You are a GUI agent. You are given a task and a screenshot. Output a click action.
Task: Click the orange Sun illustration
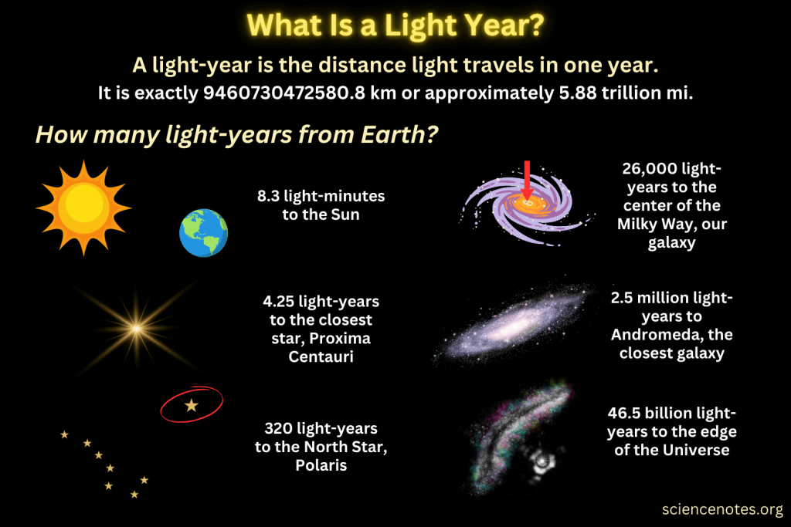coord(83,207)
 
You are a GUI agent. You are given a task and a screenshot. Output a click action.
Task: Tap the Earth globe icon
coord(203,234)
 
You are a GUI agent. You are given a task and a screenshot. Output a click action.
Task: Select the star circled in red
coord(191,404)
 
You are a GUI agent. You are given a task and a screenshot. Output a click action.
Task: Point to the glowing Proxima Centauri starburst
coord(137,329)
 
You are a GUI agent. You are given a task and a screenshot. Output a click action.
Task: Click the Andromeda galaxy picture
coord(511,324)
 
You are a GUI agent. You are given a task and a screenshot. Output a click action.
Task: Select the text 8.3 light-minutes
coord(321,197)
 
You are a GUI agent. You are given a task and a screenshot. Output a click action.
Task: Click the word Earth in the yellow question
coord(395,134)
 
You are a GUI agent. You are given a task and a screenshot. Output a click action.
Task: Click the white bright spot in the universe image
coord(543,461)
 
